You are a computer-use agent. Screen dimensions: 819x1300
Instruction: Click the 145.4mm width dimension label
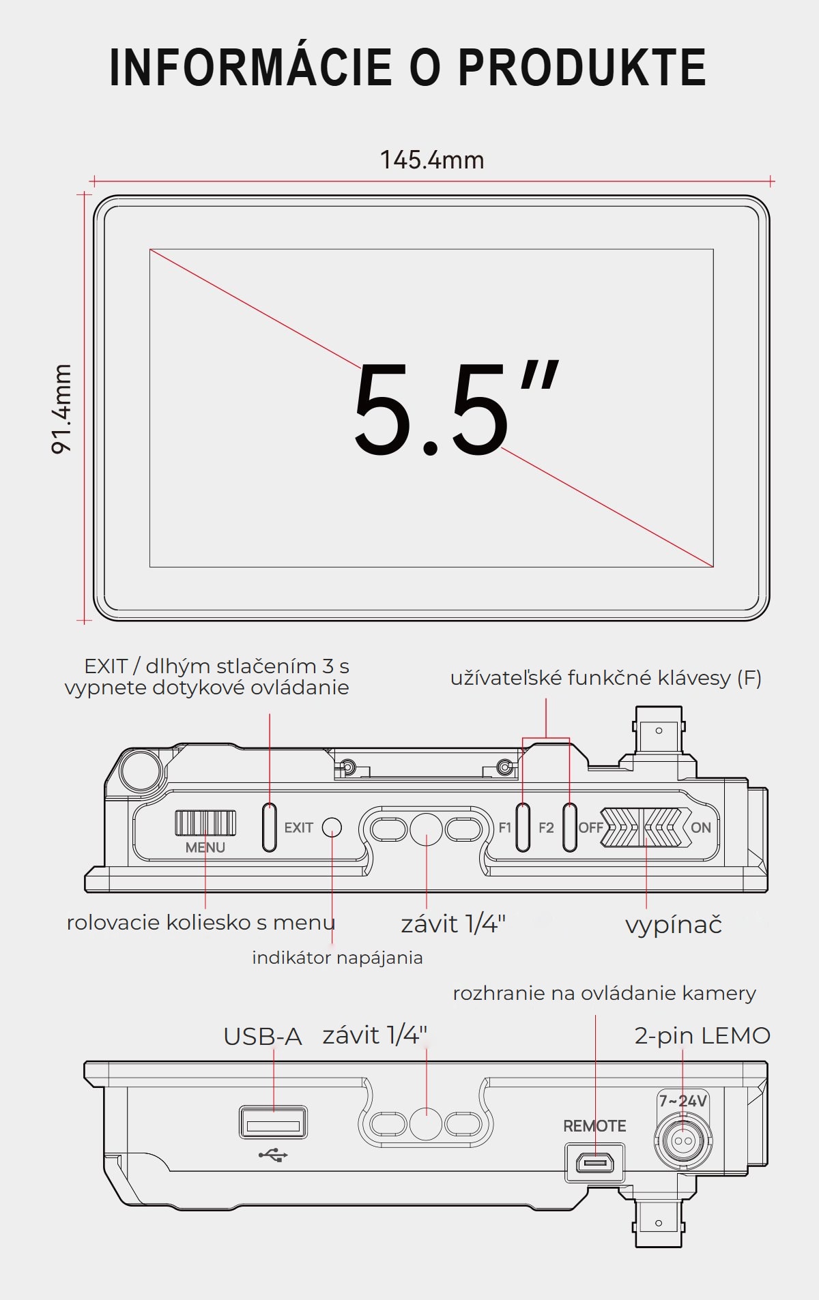click(x=432, y=160)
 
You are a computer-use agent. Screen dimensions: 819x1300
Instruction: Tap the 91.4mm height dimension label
click(x=62, y=409)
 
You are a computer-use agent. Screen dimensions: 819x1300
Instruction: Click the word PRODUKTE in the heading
click(x=581, y=68)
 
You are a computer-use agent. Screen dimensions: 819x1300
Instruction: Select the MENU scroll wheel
click(x=205, y=823)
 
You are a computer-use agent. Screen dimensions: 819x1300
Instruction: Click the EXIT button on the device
click(x=270, y=827)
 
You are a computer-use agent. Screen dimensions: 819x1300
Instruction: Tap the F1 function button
click(x=523, y=827)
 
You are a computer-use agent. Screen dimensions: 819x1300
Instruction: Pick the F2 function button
click(x=570, y=827)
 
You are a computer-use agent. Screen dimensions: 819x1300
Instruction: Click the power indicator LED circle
click(x=332, y=827)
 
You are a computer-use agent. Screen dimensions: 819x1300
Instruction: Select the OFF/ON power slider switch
click(x=641, y=827)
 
